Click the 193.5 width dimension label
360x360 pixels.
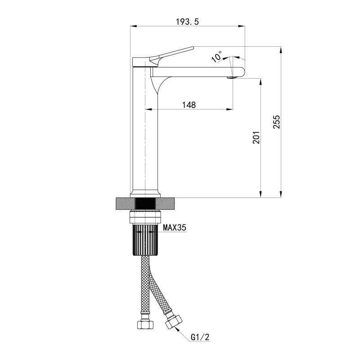click(x=187, y=22)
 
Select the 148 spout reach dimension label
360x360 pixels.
click(x=189, y=105)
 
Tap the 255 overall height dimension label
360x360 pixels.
click(x=277, y=122)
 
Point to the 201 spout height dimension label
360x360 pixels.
click(x=256, y=138)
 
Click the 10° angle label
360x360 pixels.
click(x=217, y=57)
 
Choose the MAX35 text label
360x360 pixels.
click(x=175, y=228)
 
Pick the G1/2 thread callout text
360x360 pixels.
click(x=200, y=337)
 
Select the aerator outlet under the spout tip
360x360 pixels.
click(x=231, y=77)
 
